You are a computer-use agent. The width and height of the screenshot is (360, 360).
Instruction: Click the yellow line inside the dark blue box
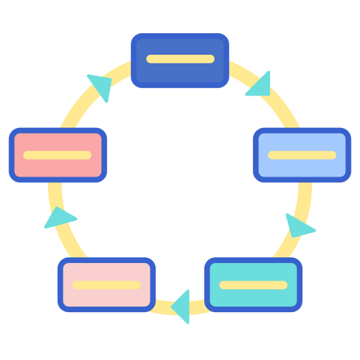click(x=180, y=59)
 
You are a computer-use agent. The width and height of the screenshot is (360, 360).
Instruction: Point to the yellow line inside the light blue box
click(x=302, y=155)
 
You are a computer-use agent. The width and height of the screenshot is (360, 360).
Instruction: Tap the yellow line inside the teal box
click(x=253, y=285)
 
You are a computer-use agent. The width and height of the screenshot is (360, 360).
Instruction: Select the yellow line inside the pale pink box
click(x=106, y=285)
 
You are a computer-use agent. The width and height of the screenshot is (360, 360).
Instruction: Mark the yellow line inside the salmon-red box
click(x=58, y=155)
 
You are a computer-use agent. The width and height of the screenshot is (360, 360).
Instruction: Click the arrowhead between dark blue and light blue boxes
click(x=259, y=84)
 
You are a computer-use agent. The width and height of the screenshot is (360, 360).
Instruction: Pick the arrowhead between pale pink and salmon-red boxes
click(x=60, y=218)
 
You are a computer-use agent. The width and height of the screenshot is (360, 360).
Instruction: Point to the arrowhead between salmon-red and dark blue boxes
click(x=101, y=85)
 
